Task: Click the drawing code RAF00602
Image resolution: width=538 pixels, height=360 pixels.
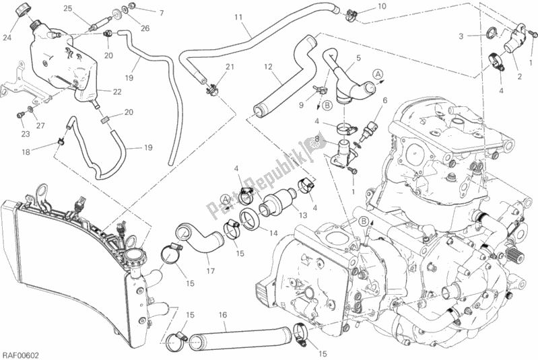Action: click(20, 355)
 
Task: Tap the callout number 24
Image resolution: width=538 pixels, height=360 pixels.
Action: click(7, 38)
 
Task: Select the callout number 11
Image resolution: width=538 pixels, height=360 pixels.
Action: click(238, 17)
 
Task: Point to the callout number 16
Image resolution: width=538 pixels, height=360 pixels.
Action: click(223, 315)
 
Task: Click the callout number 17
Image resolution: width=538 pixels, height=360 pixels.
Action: click(210, 271)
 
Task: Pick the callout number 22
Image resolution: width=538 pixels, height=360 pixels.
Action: click(117, 92)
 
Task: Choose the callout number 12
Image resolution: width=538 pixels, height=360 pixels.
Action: click(268, 67)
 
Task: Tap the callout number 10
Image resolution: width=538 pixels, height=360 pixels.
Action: click(382, 6)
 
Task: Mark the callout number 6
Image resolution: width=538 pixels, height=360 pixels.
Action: click(385, 100)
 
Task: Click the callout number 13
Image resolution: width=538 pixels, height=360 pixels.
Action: click(303, 215)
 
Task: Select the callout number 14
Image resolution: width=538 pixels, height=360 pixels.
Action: click(273, 233)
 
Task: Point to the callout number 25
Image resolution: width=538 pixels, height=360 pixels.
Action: click(68, 8)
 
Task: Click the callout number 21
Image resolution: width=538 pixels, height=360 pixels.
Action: click(230, 66)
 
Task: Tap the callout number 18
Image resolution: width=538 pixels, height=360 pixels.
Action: click(26, 152)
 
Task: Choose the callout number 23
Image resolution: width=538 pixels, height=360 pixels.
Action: click(26, 134)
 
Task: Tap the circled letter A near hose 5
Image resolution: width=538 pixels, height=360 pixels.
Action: click(378, 74)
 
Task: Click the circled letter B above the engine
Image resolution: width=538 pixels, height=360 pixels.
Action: click(364, 222)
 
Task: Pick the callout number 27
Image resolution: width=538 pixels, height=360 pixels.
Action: click(40, 126)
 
